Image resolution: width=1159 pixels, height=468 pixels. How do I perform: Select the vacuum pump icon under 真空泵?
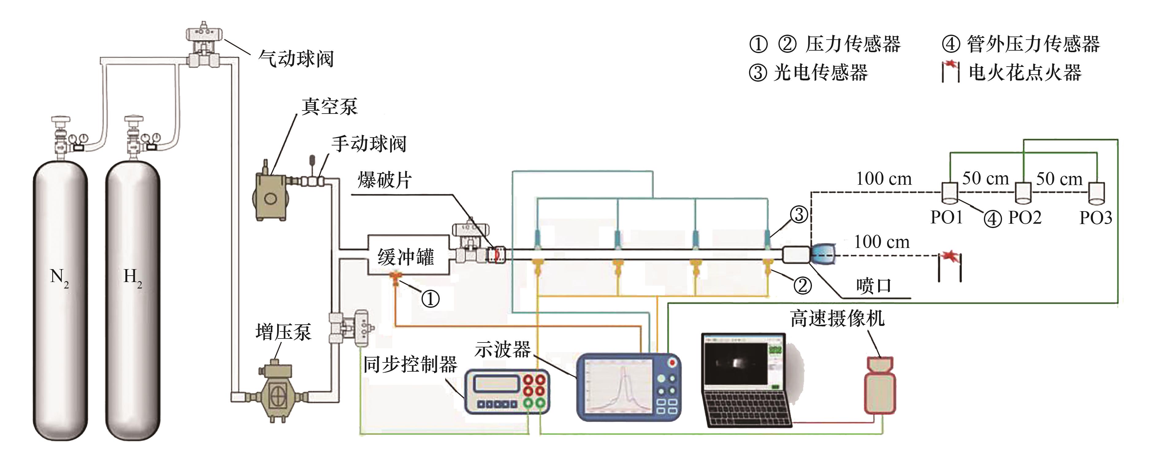tap(270, 196)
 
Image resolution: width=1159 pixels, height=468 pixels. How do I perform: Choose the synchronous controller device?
tap(507, 391)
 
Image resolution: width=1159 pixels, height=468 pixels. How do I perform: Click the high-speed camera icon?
tap(880, 385)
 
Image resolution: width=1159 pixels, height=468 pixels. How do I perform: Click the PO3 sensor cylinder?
tap(1096, 192)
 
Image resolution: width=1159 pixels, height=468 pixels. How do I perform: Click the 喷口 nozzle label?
tap(873, 286)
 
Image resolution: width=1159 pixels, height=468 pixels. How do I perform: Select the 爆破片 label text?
tap(385, 180)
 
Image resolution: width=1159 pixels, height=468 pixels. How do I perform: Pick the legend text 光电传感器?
tap(821, 72)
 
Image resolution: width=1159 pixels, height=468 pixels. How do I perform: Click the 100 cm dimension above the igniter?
tap(882, 242)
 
